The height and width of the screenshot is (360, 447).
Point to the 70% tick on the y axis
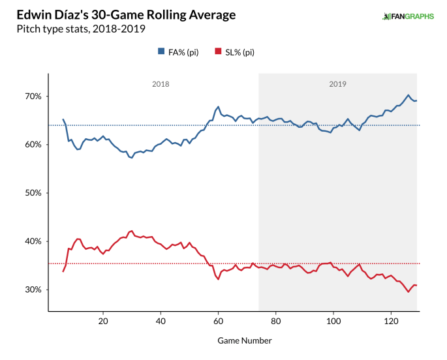click(x=33, y=97)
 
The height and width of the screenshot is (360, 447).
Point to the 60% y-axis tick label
click(x=33, y=145)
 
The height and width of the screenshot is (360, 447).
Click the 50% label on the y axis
click(x=33, y=193)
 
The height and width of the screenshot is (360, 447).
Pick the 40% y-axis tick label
click(x=33, y=241)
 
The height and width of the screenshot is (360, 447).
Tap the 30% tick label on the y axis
click(x=33, y=290)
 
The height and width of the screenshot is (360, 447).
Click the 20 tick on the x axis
click(x=102, y=322)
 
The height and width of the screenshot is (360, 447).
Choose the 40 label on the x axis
click(x=160, y=322)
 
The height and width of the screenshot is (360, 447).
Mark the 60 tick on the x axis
click(x=218, y=322)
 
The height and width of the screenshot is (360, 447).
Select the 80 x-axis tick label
click(x=275, y=322)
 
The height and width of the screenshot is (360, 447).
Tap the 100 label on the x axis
click(x=333, y=322)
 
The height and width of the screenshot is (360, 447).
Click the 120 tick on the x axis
click(x=391, y=322)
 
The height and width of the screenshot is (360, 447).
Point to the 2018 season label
click(x=161, y=84)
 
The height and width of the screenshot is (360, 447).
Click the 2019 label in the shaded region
click(x=337, y=84)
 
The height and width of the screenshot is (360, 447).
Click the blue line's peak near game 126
click(x=408, y=95)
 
